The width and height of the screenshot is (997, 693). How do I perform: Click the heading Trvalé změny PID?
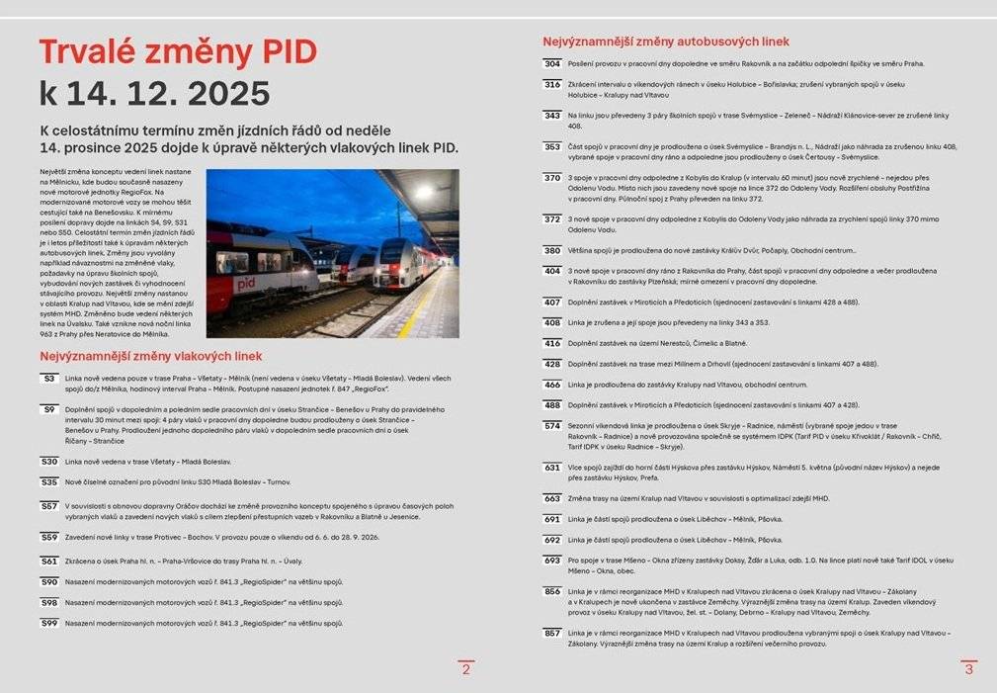178,51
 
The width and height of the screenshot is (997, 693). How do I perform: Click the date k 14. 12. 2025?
154,93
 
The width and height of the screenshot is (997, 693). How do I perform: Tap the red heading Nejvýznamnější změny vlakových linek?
151,356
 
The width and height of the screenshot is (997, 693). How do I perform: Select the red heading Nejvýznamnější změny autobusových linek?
665,42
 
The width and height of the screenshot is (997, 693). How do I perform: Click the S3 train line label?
48,378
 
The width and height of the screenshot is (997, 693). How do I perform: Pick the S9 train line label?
48,408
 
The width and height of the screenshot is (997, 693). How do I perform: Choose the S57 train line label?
48,505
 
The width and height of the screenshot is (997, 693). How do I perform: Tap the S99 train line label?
48,623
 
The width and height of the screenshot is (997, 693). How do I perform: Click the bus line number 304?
552,63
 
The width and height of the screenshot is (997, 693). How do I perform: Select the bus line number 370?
552,178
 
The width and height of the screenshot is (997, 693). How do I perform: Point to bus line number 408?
552,322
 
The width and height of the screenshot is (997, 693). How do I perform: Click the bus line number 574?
552,425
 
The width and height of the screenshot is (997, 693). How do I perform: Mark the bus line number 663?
552,498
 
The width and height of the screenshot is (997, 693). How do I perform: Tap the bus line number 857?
552,633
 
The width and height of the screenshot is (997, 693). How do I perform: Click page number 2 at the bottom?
466,669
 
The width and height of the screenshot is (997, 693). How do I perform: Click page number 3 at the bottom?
968,669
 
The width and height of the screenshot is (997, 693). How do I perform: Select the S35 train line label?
48,481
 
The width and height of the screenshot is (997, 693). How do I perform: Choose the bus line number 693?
552,560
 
